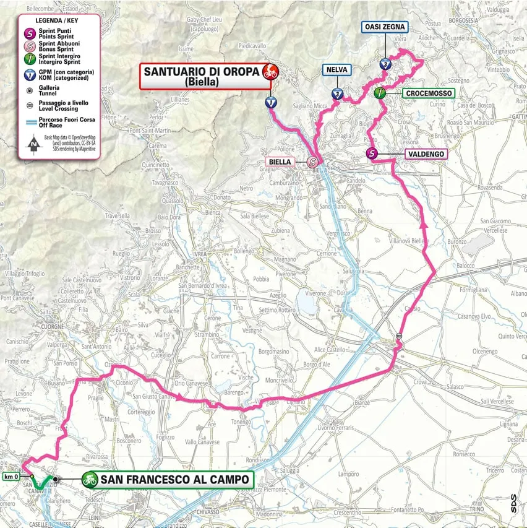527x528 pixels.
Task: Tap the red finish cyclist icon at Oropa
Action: (270, 72)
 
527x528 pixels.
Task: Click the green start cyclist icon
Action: (90, 479)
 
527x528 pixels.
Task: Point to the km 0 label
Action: (11, 477)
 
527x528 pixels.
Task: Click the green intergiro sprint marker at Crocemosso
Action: (380, 93)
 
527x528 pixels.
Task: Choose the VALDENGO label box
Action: (426, 154)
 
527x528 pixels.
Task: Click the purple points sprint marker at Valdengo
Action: (372, 154)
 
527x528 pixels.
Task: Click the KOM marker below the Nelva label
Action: (337, 94)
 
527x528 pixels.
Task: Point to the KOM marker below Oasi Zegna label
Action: (386, 64)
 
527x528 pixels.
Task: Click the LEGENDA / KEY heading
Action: (58, 20)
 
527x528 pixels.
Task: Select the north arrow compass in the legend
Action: (31, 147)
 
